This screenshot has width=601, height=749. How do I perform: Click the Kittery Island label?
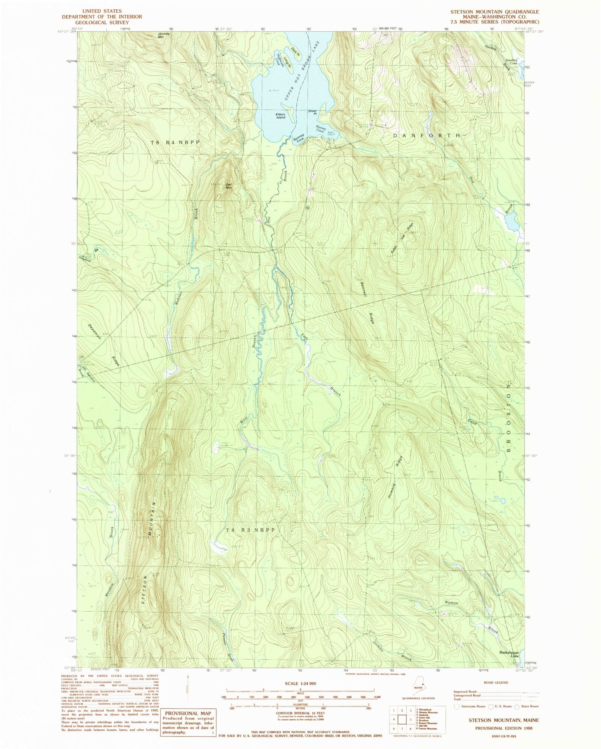[280, 116]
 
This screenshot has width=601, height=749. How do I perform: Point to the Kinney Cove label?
[320, 129]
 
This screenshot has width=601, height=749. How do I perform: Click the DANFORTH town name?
[426, 136]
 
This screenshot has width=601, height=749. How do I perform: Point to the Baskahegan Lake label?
[509, 654]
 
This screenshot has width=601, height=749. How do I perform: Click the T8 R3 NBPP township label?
[251, 530]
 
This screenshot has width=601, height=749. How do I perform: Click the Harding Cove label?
[511, 62]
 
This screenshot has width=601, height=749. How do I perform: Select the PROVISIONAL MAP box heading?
[188, 713]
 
